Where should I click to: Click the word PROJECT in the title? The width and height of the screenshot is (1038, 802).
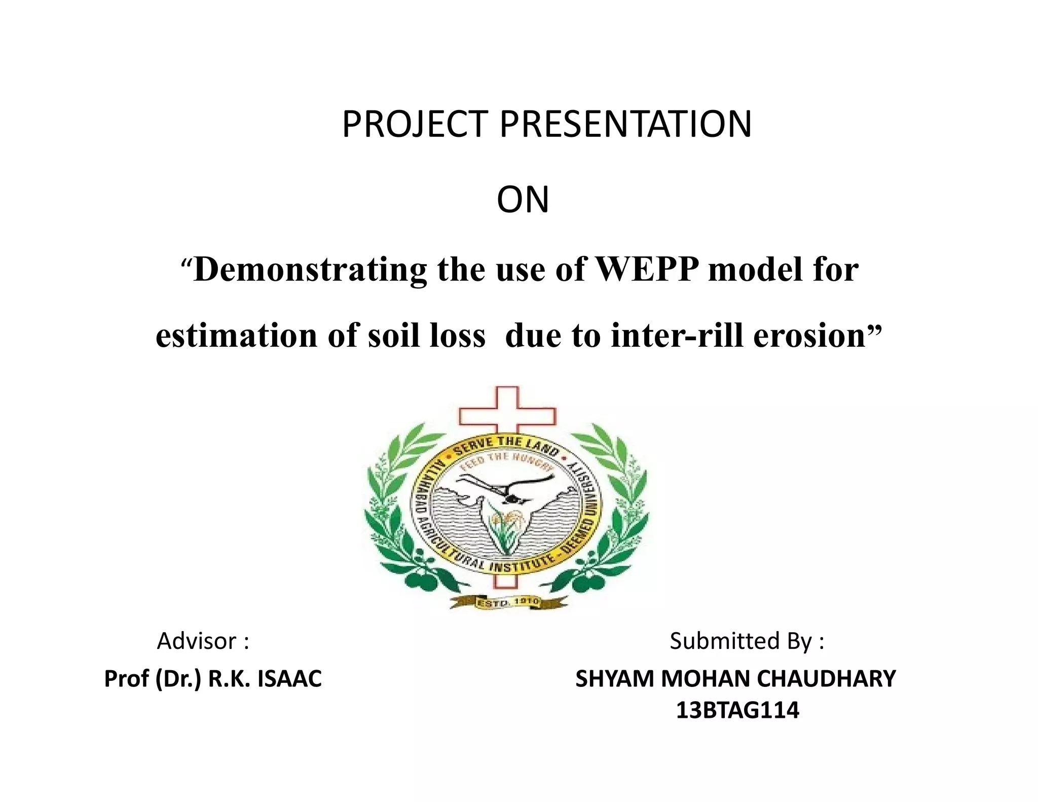(415, 124)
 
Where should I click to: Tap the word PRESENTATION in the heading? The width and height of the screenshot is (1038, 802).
(625, 124)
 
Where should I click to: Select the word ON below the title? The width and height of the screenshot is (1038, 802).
(523, 200)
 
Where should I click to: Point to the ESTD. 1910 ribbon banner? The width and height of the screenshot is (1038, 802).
(508, 603)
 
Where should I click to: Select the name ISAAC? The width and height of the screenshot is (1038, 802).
(289, 679)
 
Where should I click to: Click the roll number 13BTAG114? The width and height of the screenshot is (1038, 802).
(737, 710)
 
